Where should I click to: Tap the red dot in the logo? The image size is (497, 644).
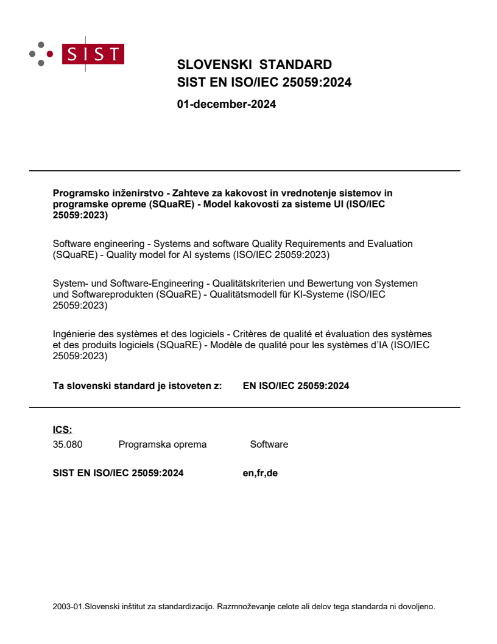50,54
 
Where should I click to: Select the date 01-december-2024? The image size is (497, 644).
226,104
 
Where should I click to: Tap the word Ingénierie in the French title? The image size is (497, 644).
74,334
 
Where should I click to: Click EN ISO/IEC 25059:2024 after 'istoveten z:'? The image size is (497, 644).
296,385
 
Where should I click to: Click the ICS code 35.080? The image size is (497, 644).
68,445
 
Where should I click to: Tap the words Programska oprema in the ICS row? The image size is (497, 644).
163,445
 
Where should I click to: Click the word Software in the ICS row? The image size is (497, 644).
269,445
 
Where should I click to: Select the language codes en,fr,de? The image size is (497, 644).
260,473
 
